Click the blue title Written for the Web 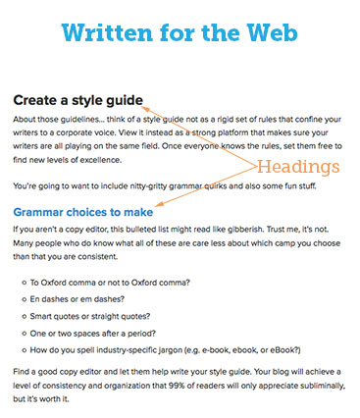pyautogui.click(x=180, y=32)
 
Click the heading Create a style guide pyautogui.click(x=78, y=100)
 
